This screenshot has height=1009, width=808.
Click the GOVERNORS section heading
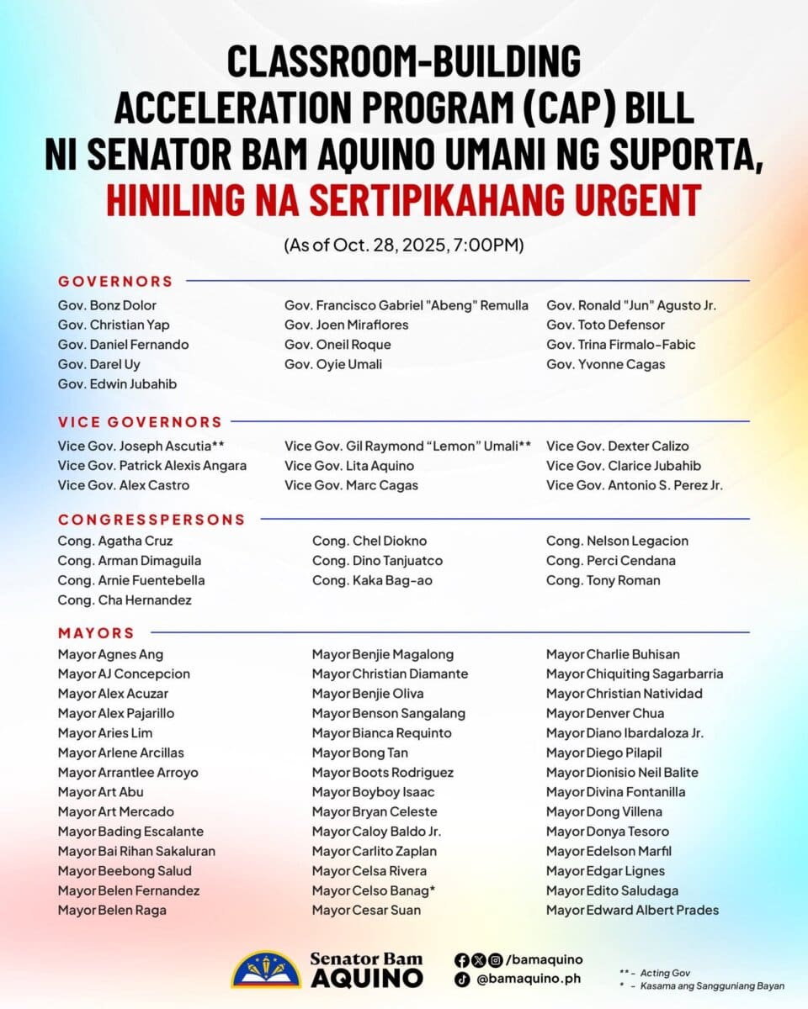tap(115, 281)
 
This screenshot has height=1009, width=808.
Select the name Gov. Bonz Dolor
tap(107, 305)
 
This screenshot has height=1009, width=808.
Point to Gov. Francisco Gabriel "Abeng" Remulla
tap(407, 305)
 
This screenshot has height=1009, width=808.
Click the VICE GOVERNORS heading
tap(140, 422)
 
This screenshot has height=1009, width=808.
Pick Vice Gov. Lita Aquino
tap(349, 466)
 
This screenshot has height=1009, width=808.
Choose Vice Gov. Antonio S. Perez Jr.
tap(634, 485)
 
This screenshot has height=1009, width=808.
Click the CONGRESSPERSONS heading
tap(151, 520)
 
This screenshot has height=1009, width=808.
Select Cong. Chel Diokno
tap(369, 541)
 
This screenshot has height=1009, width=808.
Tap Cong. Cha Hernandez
tap(125, 600)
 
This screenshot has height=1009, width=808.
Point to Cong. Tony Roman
tap(603, 580)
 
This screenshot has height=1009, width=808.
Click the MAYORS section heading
tap(96, 633)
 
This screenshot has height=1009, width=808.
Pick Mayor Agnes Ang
tap(110, 654)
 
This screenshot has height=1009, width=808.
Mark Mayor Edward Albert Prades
tap(632, 910)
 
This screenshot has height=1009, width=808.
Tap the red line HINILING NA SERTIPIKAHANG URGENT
tap(403, 200)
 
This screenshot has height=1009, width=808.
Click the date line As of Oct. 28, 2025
tap(404, 246)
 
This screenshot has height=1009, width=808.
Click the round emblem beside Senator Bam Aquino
tap(265, 969)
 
